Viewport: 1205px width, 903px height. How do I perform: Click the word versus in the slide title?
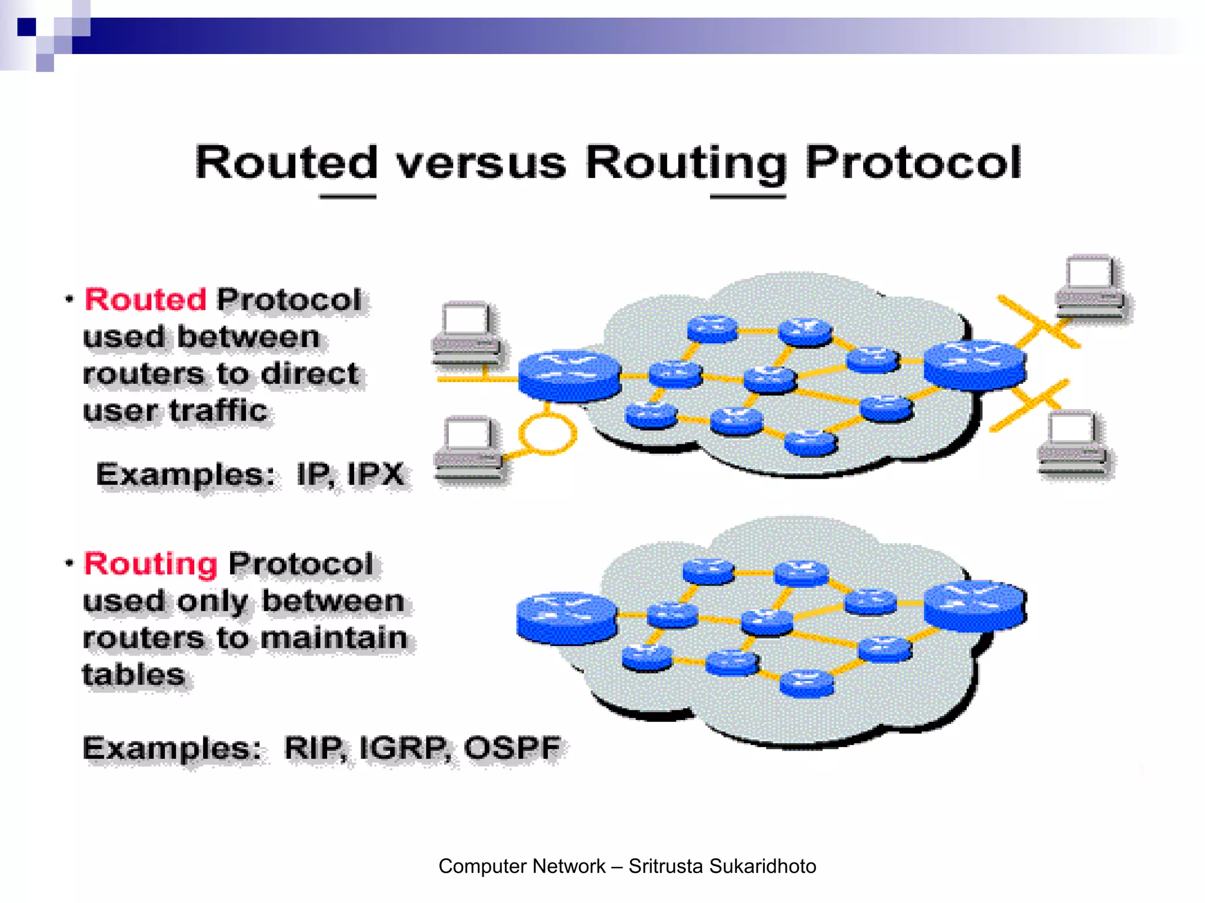tap(481, 163)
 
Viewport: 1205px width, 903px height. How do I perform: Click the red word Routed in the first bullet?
tap(145, 300)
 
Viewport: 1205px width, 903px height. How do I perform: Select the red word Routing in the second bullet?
tap(151, 564)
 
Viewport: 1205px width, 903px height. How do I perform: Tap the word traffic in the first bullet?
tap(218, 410)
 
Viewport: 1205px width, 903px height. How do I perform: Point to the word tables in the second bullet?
tap(134, 674)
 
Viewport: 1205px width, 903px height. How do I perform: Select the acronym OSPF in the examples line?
tap(512, 748)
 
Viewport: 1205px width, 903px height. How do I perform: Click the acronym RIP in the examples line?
tap(313, 748)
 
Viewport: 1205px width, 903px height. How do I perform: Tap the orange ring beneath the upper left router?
tap(547, 433)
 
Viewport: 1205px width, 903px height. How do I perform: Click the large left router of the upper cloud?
tap(569, 375)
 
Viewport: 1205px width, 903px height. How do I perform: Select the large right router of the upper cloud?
tap(975, 364)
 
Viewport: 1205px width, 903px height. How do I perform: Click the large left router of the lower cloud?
tap(567, 617)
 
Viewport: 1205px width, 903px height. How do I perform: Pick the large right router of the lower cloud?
tap(975, 606)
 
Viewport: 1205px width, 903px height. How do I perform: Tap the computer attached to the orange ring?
tap(469, 450)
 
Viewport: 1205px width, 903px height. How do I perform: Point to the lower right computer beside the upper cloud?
tap(1072, 444)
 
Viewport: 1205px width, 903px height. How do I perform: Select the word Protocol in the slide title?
tap(913, 162)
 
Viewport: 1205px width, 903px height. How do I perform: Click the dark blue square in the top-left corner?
tap(26, 27)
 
